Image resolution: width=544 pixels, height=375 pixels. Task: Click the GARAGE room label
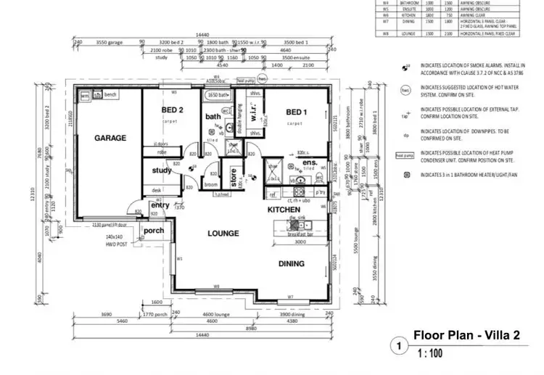point(110,137)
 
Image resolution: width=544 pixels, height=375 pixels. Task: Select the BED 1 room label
point(297,112)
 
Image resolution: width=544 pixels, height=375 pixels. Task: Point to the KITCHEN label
point(284,209)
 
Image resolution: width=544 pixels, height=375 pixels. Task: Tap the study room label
point(162,171)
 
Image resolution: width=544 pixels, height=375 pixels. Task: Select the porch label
point(153,231)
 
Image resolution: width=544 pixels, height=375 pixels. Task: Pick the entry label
point(159,205)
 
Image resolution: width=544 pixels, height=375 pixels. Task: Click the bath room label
point(213,117)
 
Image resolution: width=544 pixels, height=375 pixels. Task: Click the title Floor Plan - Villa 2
point(466,335)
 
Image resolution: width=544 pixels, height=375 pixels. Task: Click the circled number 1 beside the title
point(397,347)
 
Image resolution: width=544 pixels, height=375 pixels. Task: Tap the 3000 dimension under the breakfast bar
point(300,242)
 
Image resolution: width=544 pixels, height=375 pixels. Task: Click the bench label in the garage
point(111,95)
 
